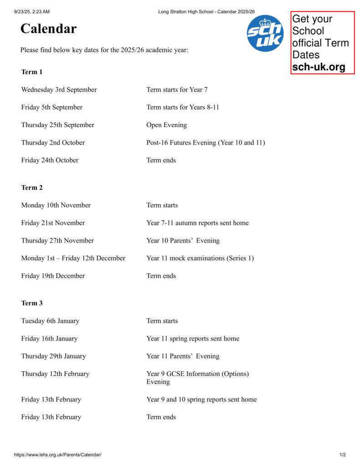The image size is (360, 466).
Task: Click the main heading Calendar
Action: (x=48, y=29)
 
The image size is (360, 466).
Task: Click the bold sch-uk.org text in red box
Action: (x=319, y=67)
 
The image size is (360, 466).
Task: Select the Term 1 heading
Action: (x=32, y=72)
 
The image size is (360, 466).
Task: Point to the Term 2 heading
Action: (x=32, y=187)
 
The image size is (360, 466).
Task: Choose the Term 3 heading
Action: (x=32, y=303)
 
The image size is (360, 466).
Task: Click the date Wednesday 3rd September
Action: (x=59, y=90)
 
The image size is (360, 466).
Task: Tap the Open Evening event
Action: (x=167, y=125)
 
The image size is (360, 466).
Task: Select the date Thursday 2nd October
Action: (x=53, y=143)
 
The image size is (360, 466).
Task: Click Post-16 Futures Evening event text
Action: (x=205, y=143)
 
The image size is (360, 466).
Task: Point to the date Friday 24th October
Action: (x=50, y=160)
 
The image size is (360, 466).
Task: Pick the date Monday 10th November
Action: (x=56, y=205)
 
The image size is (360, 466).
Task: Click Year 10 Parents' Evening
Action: (x=183, y=241)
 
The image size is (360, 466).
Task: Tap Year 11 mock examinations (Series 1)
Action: (x=200, y=258)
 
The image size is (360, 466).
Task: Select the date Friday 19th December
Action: (x=53, y=276)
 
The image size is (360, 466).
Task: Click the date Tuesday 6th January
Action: (x=50, y=321)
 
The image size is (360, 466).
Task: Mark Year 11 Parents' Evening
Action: (x=183, y=356)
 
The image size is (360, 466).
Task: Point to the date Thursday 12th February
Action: (x=55, y=374)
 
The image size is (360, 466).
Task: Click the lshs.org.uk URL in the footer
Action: (x=58, y=455)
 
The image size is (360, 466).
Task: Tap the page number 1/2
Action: (x=342, y=455)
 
